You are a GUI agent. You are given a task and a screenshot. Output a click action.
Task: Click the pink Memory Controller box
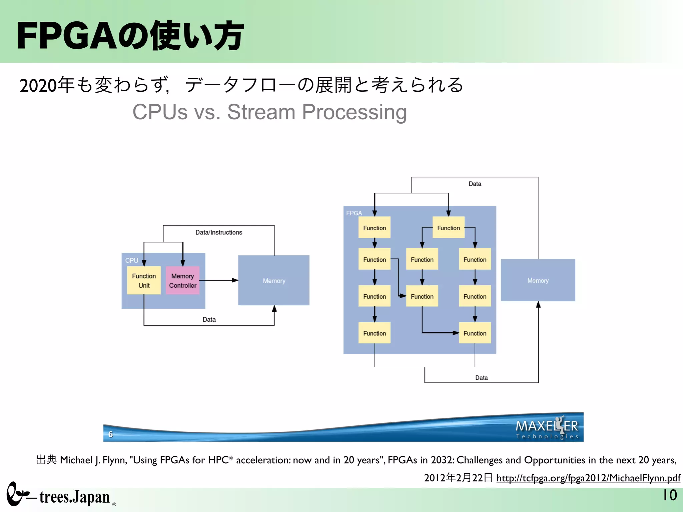(183, 280)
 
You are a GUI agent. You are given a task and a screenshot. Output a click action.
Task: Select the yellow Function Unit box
(144, 280)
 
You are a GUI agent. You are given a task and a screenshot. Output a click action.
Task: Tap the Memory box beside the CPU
(274, 281)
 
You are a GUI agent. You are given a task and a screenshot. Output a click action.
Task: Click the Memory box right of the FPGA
(538, 280)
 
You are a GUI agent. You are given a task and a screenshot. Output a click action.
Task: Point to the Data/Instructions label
(219, 232)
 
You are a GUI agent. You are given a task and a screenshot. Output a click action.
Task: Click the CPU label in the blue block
(132, 260)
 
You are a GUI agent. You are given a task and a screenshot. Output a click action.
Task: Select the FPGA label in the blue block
(354, 213)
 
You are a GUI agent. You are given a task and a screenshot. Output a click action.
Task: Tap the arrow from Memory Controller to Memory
(219, 280)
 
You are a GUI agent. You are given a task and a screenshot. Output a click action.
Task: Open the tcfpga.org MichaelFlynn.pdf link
(588, 478)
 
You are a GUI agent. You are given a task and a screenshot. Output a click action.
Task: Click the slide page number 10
(669, 495)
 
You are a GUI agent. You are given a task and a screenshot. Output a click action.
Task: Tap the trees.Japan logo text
(74, 497)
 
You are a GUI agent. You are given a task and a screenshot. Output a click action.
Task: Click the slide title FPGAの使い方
(130, 36)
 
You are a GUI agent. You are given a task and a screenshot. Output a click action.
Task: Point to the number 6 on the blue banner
(111, 434)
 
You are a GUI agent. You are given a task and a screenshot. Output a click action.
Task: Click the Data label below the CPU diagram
(209, 319)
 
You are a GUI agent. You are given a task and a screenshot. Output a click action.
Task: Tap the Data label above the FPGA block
(475, 184)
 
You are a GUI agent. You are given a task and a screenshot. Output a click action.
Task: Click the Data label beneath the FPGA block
(481, 378)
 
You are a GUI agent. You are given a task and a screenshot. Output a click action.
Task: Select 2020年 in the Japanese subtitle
(47, 85)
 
